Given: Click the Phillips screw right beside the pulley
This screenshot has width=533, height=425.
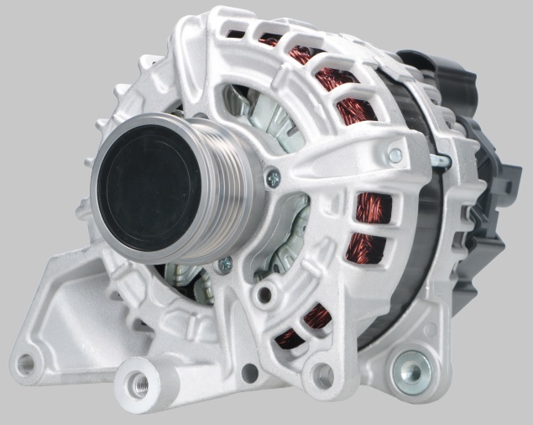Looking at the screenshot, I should (x=272, y=176).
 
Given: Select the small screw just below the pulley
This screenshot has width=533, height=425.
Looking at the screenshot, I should (x=224, y=265).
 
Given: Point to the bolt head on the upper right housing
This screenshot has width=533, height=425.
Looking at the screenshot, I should (x=395, y=155).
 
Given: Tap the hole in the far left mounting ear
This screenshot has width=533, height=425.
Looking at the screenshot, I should (x=26, y=364).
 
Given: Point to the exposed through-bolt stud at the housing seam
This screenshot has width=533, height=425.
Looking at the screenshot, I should (x=438, y=160).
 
